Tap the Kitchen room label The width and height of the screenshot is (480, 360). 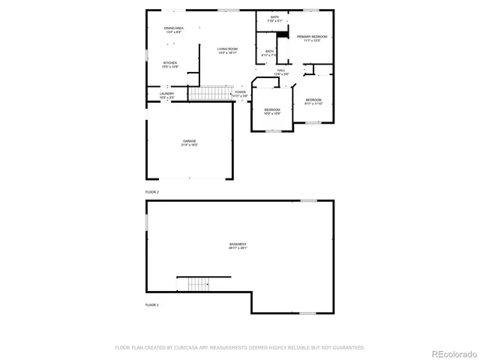point(169,64)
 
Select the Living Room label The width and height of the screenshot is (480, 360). point(227,51)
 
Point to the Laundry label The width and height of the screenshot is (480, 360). point(166,95)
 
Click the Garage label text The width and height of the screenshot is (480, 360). point(189,142)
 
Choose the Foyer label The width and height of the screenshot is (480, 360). point(240,94)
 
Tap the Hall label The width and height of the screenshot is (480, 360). point(280,72)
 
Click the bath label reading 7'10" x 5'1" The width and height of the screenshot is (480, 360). point(274,19)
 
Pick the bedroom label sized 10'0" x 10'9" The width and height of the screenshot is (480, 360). point(271,112)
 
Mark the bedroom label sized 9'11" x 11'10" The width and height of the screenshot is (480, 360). point(313,102)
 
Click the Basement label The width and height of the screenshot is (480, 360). point(238,246)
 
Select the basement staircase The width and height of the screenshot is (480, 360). point(197,284)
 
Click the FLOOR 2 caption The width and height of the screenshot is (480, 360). point(152,192)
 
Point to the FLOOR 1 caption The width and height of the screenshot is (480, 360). point(152,305)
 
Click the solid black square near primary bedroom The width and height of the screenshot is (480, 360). point(282,33)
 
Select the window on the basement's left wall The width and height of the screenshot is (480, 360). point(146,223)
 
